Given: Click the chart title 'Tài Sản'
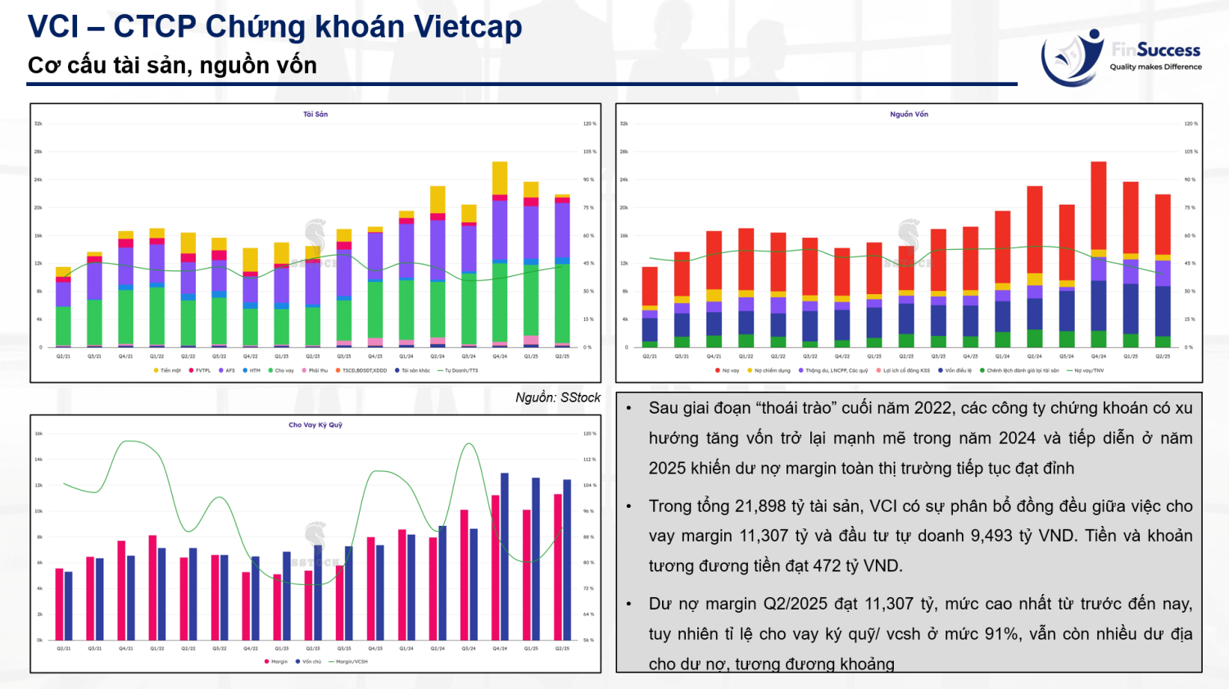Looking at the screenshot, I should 315,115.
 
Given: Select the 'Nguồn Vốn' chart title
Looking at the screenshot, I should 909,115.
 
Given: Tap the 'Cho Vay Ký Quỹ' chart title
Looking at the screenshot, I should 315,425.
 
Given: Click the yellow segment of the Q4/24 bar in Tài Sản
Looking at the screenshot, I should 500,178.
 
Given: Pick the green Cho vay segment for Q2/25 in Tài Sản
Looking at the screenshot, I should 562,303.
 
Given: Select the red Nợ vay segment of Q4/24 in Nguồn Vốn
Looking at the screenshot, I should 1099,205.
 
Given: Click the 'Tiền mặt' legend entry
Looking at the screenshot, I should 168,371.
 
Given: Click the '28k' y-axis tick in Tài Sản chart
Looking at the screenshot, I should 39,152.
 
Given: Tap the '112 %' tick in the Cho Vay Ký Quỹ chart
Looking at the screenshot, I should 589,460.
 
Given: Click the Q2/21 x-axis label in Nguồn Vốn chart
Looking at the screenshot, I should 650,357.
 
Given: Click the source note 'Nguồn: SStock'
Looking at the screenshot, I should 558,397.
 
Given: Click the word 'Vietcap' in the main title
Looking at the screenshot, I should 467,27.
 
